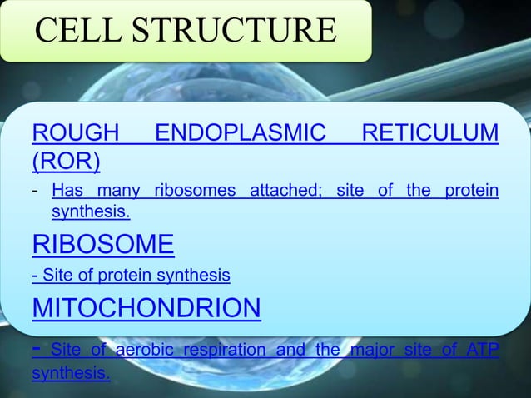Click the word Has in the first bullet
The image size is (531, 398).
67,192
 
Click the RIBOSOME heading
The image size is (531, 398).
102,244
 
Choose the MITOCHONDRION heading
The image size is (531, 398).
146,308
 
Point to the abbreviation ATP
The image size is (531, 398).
484,350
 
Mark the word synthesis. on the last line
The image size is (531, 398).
70,373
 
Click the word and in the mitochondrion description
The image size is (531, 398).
290,350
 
